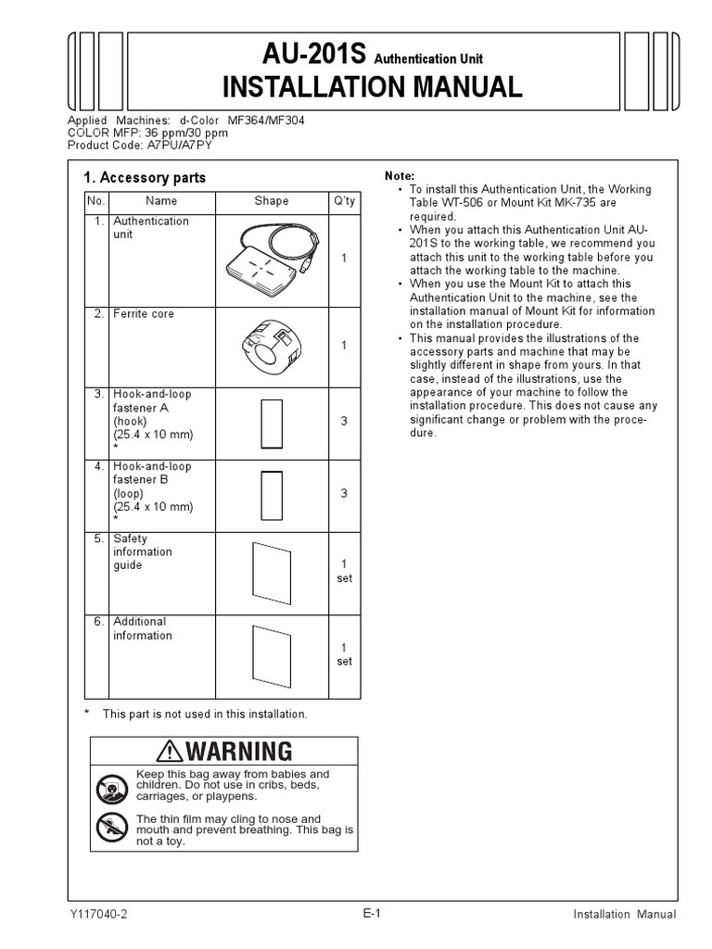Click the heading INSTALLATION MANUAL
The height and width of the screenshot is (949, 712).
coord(372,87)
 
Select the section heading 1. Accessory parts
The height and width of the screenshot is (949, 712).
coord(145,178)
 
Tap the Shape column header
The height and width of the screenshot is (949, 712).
coord(272,200)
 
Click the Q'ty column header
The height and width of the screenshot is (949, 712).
coord(344,200)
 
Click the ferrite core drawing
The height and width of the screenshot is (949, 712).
coord(270,345)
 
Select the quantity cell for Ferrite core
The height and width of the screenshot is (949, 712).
coord(344,345)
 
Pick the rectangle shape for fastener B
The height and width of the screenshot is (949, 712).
coord(272,495)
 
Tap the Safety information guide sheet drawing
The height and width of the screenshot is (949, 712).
coord(272,572)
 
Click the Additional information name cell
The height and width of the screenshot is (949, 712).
coord(143,628)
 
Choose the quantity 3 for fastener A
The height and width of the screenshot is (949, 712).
coord(344,422)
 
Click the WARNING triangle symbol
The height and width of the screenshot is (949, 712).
coord(171,750)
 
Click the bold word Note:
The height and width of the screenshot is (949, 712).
coord(400,176)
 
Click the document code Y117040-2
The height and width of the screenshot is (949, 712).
coord(98,914)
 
